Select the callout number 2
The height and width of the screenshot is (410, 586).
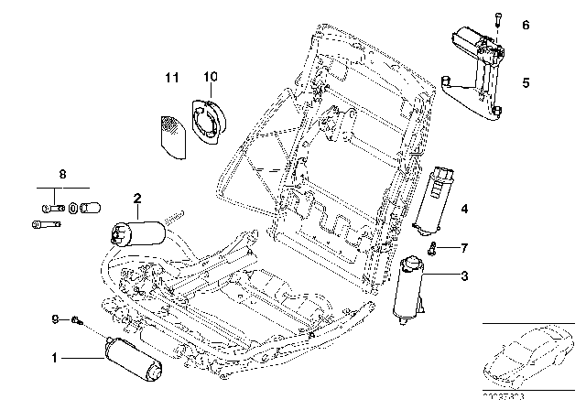pos(136,197)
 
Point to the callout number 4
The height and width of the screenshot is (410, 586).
pos(464,210)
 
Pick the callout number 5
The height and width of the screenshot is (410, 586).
pos(526,82)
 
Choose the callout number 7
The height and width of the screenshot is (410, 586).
pos(464,249)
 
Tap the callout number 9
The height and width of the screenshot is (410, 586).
pos(55,318)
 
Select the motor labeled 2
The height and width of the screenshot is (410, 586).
pos(138,234)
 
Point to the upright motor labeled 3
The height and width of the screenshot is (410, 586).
pos(409,290)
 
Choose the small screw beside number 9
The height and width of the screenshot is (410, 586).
pos(79,319)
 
